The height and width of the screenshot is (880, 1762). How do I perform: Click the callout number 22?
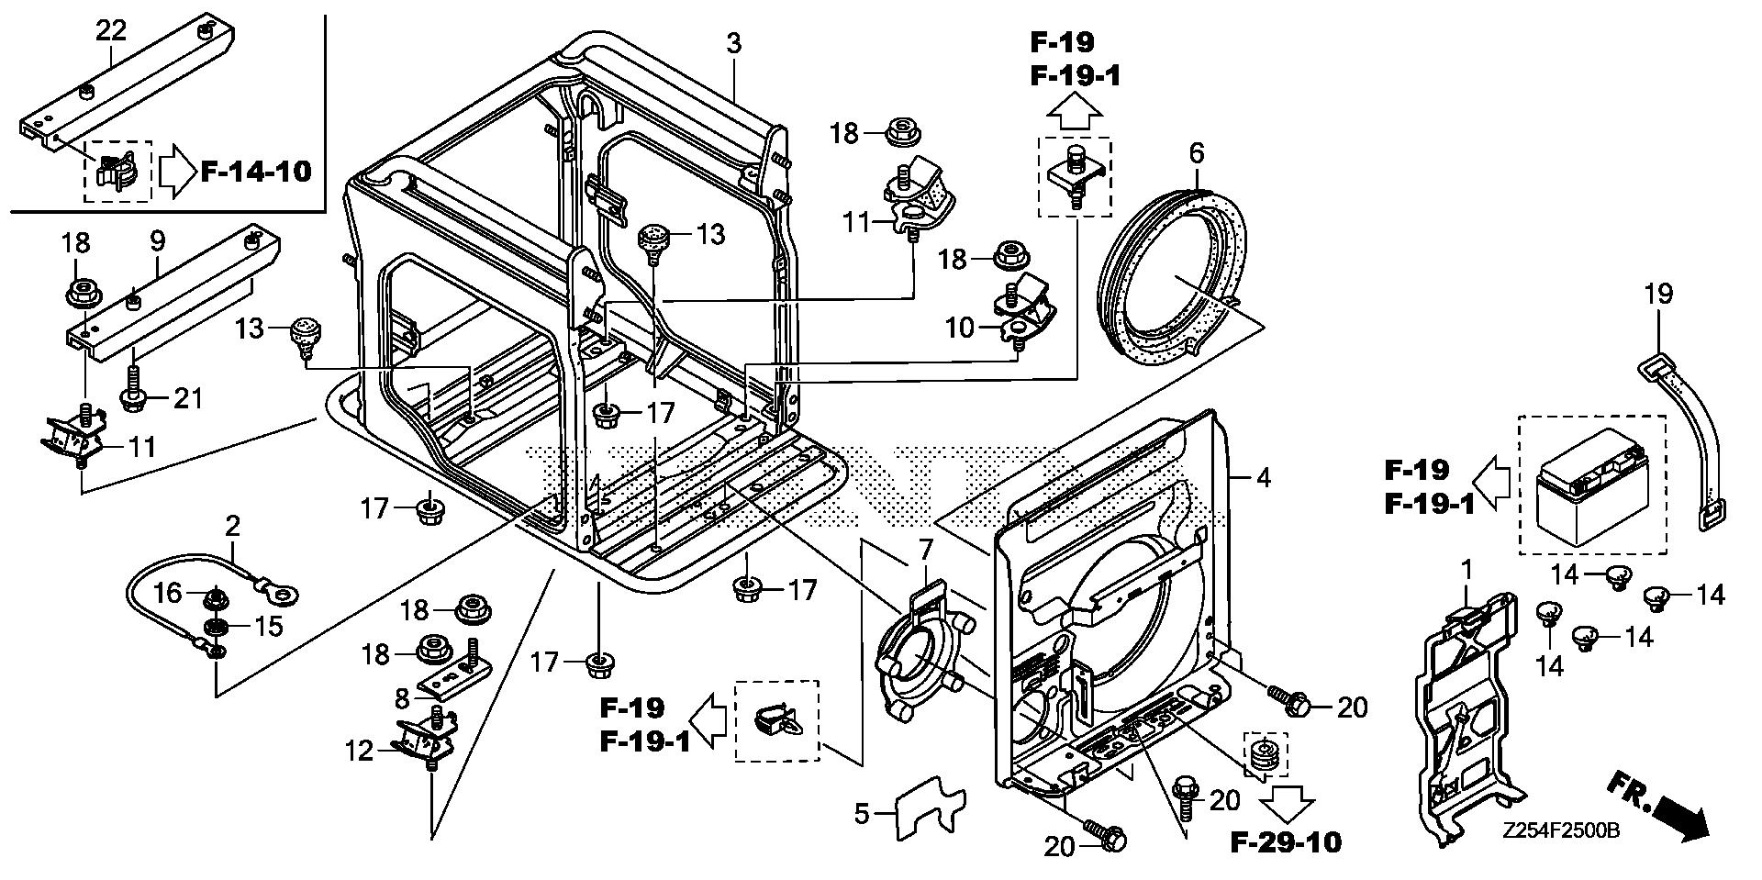(111, 29)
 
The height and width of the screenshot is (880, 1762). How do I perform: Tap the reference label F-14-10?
(256, 170)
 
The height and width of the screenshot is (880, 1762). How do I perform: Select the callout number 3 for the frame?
(733, 43)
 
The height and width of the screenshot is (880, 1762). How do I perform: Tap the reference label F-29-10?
(1285, 841)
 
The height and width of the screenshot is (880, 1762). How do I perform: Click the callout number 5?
(861, 812)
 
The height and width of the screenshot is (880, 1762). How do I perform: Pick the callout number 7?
(925, 550)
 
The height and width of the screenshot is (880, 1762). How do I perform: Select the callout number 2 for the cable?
(233, 526)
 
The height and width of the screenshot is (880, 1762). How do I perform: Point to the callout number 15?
(268, 627)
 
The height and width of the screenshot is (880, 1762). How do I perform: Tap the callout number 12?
(360, 752)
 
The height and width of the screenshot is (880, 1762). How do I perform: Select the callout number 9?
(158, 241)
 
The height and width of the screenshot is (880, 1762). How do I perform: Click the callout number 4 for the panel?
(1264, 477)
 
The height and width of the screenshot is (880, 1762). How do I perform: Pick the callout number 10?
(959, 327)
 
